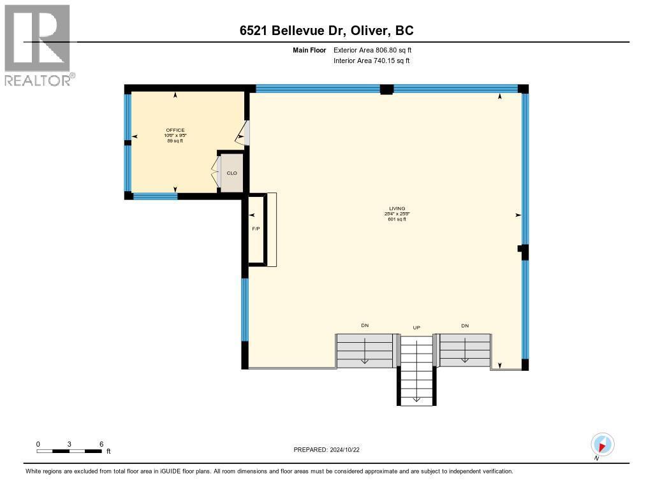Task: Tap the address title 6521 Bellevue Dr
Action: pos(326,31)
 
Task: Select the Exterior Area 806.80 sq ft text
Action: pos(371,50)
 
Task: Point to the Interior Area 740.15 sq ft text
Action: pos(371,61)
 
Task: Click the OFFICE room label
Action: pos(175,130)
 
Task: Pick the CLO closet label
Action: pos(233,173)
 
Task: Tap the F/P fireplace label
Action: pos(256,228)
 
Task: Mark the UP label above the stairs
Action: pos(416,328)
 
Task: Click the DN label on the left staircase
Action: pos(365,326)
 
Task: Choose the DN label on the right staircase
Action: pos(465,326)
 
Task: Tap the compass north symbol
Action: pos(602,445)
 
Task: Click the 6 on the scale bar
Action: pos(101,443)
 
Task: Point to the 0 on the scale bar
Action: pos(38,443)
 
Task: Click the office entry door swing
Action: pos(243,134)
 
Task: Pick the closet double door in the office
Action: pos(216,172)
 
